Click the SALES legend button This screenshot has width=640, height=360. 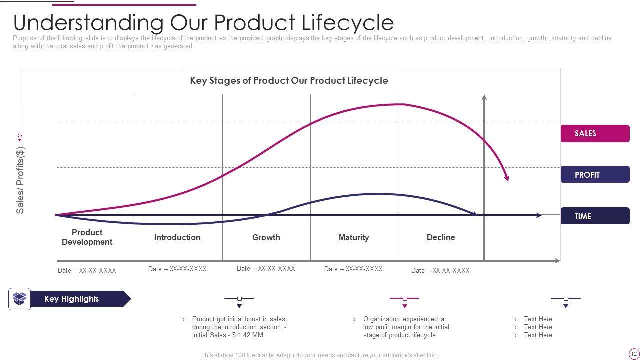tap(595, 133)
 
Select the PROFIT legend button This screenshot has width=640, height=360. tap(595, 175)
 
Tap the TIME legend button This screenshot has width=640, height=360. tap(595, 216)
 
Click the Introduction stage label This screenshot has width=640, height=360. tap(177, 237)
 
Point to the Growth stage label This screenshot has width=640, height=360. tap(266, 237)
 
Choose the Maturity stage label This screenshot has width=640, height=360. tap(354, 237)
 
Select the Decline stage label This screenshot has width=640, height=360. tap(441, 237)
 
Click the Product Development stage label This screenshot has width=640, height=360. tap(87, 237)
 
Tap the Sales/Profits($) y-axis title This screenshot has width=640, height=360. tap(20, 180)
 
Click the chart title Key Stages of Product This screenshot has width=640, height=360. tap(289, 80)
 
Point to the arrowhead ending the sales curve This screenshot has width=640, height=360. tap(507, 178)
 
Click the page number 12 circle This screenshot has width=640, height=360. tap(634, 354)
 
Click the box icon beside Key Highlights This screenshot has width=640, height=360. tap(19, 299)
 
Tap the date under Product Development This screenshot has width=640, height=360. tap(87, 271)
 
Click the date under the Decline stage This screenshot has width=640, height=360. tap(440, 271)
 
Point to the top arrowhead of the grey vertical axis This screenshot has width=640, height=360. tap(484, 97)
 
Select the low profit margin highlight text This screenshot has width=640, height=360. tap(406, 327)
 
